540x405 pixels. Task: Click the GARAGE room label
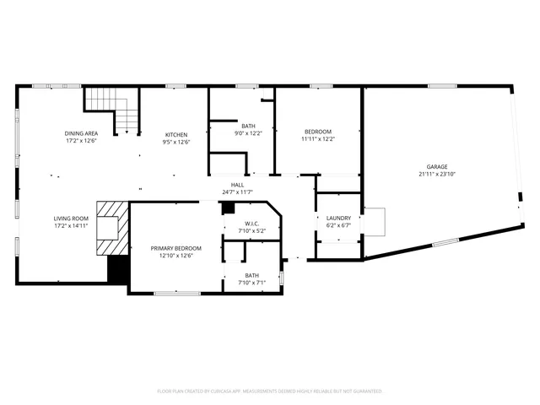click(436, 167)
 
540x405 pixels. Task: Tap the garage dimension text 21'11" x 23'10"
click(436, 175)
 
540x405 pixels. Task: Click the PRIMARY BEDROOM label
click(175, 249)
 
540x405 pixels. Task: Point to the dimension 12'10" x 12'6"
click(175, 256)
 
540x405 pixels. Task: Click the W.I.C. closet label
click(251, 223)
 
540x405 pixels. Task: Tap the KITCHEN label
click(175, 135)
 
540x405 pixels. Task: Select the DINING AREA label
click(81, 134)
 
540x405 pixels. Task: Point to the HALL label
click(238, 184)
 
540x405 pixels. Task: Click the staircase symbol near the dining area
click(112, 110)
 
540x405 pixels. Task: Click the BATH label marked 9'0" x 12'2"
click(248, 126)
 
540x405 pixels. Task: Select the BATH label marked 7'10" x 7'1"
click(251, 275)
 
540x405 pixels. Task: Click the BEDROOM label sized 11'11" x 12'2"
click(318, 132)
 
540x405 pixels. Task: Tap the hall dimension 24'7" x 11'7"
click(238, 192)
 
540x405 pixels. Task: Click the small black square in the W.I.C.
click(227, 209)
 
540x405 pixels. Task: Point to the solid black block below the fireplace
click(118, 270)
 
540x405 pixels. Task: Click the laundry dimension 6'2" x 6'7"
click(337, 225)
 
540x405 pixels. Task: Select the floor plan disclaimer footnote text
click(270, 391)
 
